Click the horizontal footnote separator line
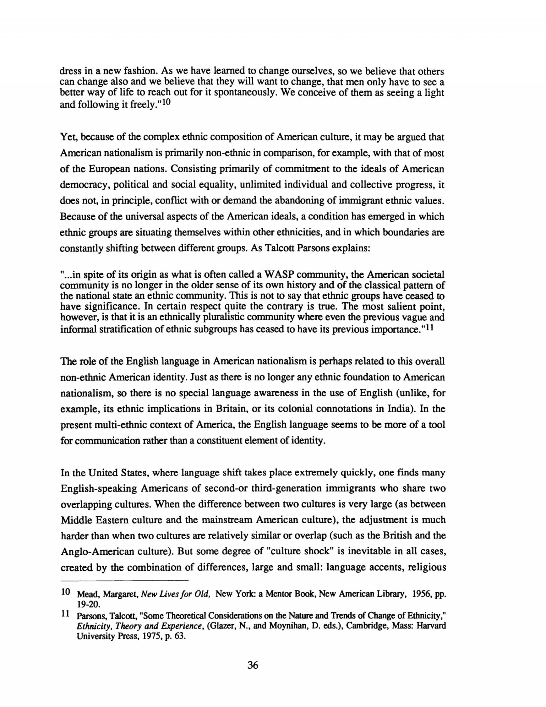point(124,580)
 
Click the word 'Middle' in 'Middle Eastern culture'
point(74,520)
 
